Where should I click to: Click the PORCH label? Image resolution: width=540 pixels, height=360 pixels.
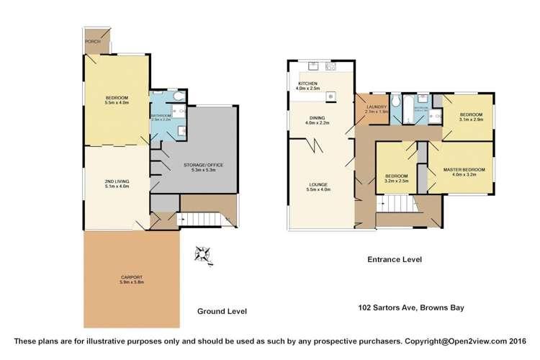click(92, 42)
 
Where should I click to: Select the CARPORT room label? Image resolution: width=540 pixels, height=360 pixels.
click(131, 278)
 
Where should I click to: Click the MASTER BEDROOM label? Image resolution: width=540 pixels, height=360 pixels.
click(464, 169)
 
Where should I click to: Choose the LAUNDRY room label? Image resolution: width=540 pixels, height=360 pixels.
click(376, 107)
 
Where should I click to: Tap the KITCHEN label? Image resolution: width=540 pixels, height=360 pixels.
click(307, 84)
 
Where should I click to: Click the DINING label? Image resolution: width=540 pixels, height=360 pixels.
click(318, 118)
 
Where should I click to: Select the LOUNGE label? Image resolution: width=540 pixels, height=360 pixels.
click(318, 184)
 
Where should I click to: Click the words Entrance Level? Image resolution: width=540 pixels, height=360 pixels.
click(394, 259)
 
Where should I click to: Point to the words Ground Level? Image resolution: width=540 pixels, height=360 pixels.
click(222, 311)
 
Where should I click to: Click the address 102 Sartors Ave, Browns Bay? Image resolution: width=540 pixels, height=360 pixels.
click(411, 307)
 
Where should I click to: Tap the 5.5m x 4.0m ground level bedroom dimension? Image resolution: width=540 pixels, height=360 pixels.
click(117, 103)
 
